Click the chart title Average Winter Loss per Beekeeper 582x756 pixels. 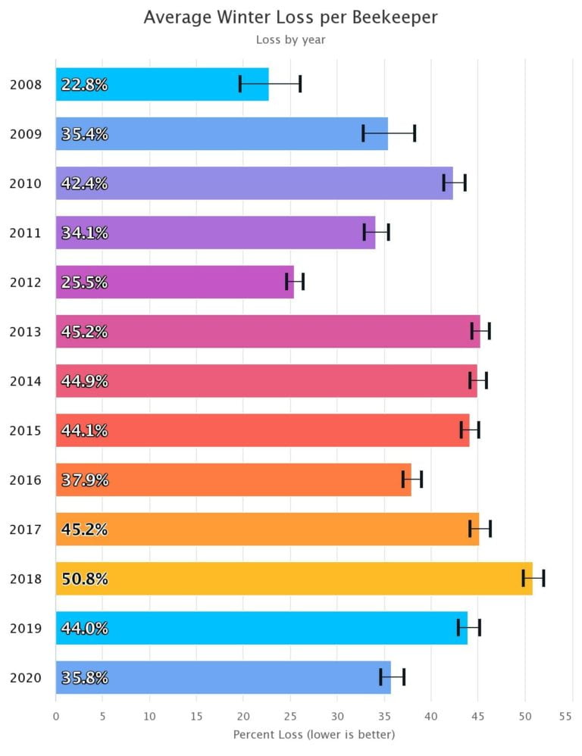[290, 17]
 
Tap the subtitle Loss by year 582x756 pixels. [290, 39]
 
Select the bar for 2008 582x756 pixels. [162, 84]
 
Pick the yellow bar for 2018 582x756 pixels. [294, 579]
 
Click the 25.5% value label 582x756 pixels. [85, 283]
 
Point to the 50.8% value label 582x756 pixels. [85, 579]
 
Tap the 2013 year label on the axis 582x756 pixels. [27, 332]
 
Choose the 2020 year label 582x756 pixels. [27, 678]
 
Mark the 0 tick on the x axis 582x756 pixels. [56, 716]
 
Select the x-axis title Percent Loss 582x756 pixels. [314, 734]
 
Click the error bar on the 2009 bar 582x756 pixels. [389, 133]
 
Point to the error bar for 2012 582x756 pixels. [295, 282]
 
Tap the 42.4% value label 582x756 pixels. [85, 183]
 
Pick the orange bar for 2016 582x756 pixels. [233, 480]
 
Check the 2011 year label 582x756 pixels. [27, 233]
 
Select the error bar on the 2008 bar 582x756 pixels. [270, 84]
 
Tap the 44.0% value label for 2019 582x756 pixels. [85, 628]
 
